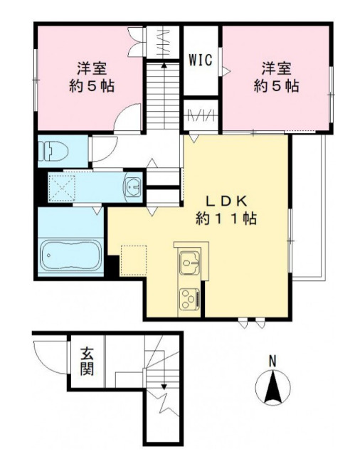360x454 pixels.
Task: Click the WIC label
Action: (201, 60)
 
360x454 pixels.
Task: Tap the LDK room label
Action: (226, 201)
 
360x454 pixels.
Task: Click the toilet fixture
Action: (53, 151)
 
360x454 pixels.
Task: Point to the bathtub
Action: (70, 255)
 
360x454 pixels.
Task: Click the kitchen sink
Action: (189, 263)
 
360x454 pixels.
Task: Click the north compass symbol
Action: (272, 387)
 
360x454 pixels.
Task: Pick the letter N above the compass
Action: (272, 361)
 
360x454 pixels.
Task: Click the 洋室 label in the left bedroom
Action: (92, 68)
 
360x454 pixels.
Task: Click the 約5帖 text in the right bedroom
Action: (276, 85)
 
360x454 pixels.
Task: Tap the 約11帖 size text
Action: (226, 218)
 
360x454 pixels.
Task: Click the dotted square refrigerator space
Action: (134, 260)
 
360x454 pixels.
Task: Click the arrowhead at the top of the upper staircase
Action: (164, 65)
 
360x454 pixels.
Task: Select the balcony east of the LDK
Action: (309, 206)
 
